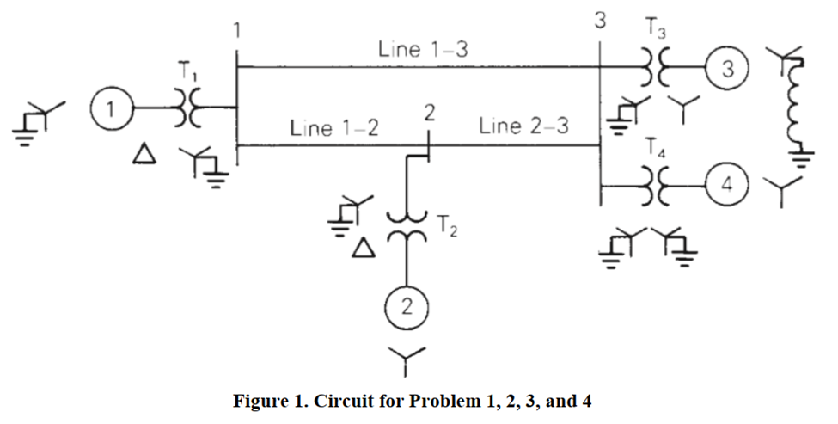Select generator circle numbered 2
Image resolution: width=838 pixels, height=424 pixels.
402,307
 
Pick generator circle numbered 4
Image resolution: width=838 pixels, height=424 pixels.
727,187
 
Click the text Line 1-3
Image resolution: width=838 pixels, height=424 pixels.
423,49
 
